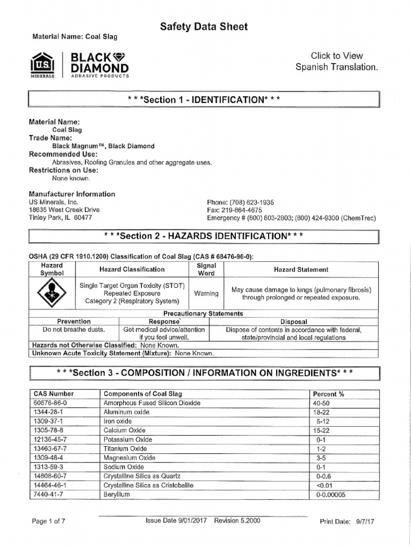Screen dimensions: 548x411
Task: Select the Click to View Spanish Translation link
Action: pos(337,62)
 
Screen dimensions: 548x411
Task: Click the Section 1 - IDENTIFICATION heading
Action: pos(203,100)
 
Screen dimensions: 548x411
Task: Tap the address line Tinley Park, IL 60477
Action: pos(60,218)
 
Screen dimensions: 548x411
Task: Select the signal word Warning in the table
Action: pos(207,293)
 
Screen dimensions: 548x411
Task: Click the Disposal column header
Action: pos(294,322)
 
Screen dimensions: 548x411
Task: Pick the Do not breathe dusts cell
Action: pos(74,330)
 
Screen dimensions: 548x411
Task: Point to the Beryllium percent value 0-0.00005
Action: pos(331,494)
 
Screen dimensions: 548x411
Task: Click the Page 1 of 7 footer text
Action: pos(49,521)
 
